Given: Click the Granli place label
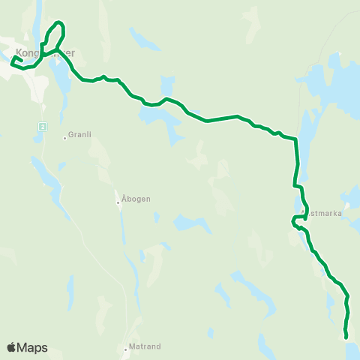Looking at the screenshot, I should click(x=79, y=134).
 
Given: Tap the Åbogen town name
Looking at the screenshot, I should click(x=136, y=199).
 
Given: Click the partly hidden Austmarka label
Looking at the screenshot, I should click(x=324, y=213).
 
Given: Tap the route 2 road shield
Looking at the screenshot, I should click(x=42, y=127).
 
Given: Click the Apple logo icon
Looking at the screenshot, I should click(x=11, y=347).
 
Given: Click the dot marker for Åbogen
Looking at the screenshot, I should click(x=118, y=202).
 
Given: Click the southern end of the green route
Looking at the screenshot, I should click(x=346, y=337).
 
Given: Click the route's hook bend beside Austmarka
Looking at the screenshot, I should click(x=293, y=220).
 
